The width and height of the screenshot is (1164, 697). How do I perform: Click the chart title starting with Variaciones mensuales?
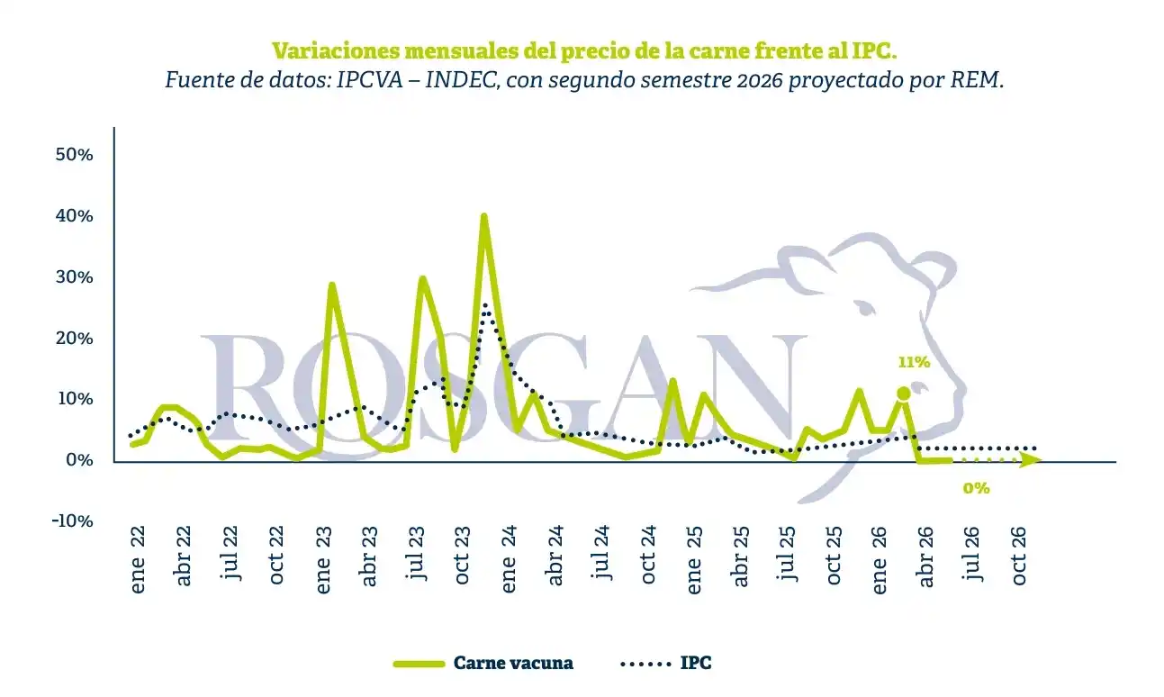(x=584, y=50)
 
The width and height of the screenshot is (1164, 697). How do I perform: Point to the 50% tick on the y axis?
(x=75, y=154)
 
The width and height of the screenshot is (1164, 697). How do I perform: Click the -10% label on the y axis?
(x=72, y=520)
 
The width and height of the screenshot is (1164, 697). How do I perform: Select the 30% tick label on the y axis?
(x=75, y=277)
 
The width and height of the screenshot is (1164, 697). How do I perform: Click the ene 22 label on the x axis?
(x=138, y=559)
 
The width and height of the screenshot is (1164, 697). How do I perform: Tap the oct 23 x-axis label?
(x=462, y=555)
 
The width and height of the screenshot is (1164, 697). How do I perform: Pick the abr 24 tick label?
(x=555, y=556)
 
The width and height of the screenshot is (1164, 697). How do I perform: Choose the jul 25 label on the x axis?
(x=788, y=553)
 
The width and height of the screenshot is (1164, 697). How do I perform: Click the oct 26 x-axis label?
(x=1019, y=555)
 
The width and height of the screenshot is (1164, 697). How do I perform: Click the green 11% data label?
(x=914, y=362)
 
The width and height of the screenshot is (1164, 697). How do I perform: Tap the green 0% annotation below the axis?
(x=977, y=488)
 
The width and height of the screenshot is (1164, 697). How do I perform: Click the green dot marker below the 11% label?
(x=904, y=394)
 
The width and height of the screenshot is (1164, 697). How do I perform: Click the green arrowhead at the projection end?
(x=1031, y=460)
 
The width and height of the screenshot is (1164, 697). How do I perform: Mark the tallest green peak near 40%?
(x=483, y=216)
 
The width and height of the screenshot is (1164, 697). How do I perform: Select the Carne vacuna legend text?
(x=513, y=663)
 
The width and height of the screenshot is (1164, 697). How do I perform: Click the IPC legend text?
(x=696, y=663)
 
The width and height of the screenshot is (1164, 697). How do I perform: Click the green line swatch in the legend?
(x=419, y=664)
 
